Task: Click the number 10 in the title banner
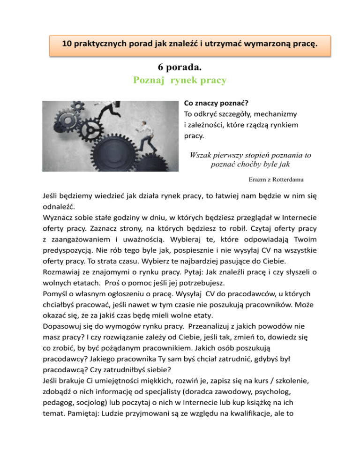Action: click(67, 45)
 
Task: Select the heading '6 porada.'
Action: click(180, 67)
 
